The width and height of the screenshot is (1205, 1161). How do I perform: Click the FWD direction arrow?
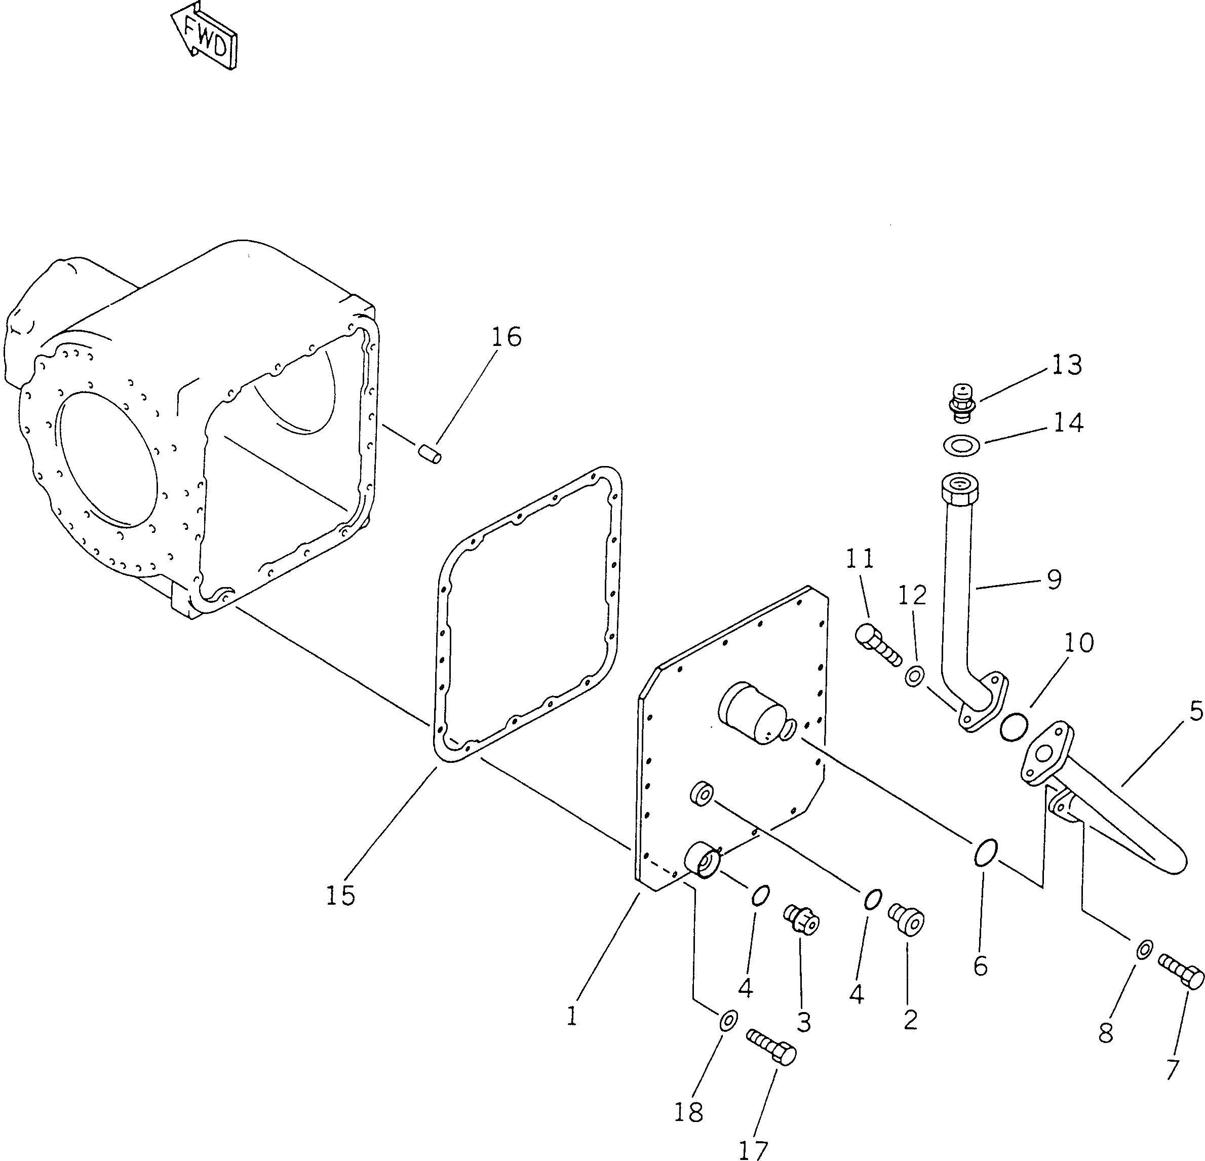205,37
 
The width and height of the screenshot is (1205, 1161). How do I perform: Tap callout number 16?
506,337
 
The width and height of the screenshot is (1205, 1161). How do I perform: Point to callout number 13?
1067,365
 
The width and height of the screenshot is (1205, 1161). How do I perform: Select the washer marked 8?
1144,949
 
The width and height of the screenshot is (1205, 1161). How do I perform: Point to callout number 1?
572,1017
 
